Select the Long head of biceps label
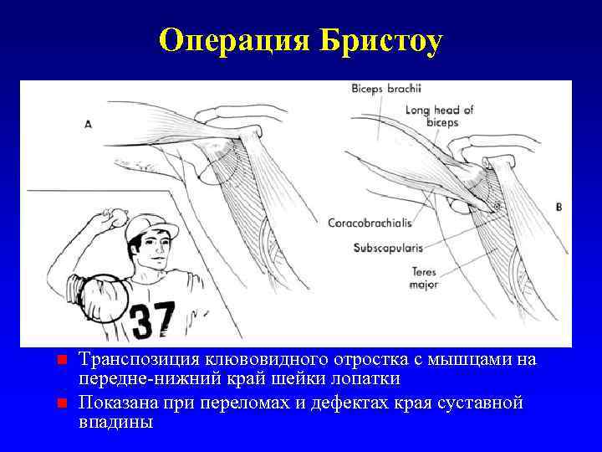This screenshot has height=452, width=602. point(439,116)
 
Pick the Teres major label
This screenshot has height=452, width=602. point(424,278)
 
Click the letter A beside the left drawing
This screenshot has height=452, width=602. point(89,123)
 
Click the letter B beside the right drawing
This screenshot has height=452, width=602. point(559,206)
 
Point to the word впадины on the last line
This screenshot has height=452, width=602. point(115,423)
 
